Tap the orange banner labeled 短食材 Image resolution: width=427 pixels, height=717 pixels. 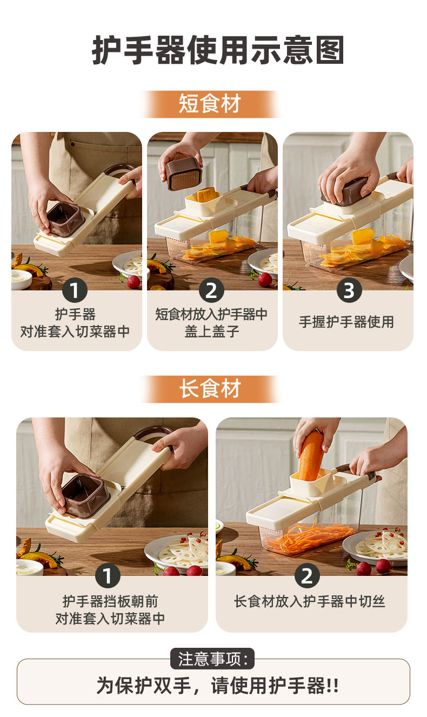(210, 104)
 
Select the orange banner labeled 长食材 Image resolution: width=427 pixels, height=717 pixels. (210, 389)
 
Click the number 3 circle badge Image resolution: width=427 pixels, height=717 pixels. (349, 290)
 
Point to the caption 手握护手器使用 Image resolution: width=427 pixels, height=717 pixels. (346, 322)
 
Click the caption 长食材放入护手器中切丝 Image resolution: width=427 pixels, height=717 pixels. (310, 601)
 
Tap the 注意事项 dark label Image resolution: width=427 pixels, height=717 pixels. (212, 659)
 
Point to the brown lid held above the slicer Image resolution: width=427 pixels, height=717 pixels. (184, 173)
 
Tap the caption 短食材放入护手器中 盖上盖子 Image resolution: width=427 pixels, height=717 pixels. (211, 323)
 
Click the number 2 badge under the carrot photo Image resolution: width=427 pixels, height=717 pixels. (307, 575)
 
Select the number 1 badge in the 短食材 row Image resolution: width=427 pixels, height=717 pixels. (75, 290)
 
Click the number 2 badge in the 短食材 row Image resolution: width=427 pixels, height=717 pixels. (211, 290)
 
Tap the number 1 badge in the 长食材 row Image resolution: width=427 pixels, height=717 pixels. (108, 575)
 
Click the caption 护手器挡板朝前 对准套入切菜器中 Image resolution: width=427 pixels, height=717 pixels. (110, 610)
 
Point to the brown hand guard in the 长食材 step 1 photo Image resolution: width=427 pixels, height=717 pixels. (86, 495)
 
